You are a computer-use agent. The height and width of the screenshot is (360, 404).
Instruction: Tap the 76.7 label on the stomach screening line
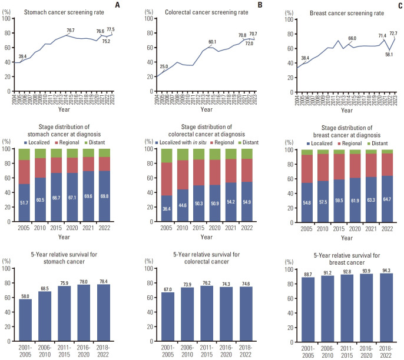pyautogui.click(x=70, y=30)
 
